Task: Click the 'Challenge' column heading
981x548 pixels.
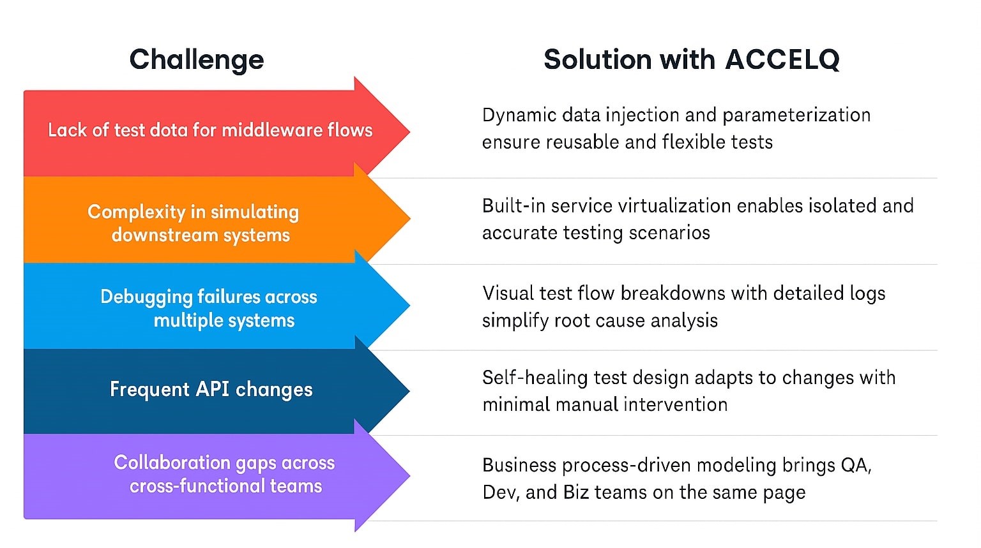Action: point(196,60)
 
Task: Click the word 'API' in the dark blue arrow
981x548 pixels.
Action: point(213,389)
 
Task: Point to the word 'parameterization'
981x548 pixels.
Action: point(796,115)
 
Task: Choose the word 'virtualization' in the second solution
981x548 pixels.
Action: point(658,206)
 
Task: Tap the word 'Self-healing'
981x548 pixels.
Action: point(535,378)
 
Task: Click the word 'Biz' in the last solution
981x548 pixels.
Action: point(575,492)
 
